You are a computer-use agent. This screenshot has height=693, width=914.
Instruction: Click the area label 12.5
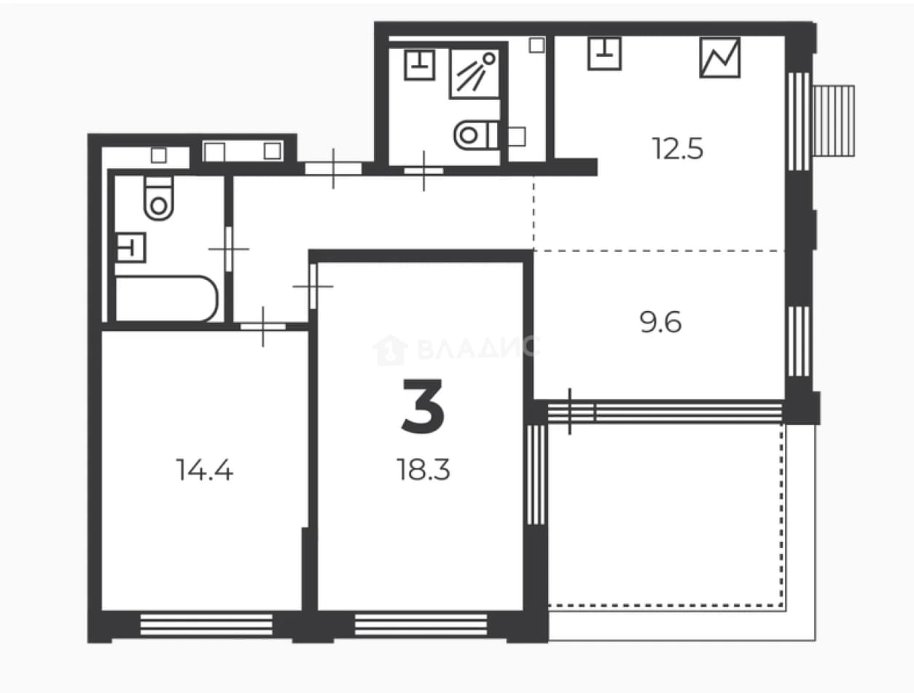click(x=678, y=149)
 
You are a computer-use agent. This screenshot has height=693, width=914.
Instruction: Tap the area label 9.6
click(x=660, y=323)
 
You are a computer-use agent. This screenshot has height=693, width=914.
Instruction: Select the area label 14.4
click(x=205, y=470)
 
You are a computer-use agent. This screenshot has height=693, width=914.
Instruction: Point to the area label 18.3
click(x=423, y=470)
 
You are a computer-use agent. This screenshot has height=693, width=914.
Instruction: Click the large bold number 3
click(x=423, y=406)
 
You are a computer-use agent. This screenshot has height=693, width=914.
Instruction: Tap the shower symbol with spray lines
click(x=474, y=74)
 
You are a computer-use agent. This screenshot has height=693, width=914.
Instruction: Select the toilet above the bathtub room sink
click(x=159, y=198)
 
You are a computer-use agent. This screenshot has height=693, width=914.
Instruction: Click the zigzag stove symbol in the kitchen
click(x=720, y=58)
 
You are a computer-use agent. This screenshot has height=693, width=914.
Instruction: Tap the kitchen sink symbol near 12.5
click(x=605, y=53)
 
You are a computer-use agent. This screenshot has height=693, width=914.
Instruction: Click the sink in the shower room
click(x=420, y=65)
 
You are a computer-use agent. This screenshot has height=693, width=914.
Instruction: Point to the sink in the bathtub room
click(x=130, y=248)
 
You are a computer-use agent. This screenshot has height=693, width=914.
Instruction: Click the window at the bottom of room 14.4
click(x=206, y=625)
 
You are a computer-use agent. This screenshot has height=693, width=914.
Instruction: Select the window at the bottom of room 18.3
click(x=421, y=625)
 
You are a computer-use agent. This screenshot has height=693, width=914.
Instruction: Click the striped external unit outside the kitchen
click(x=834, y=121)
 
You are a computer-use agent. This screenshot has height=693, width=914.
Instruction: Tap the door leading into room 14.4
click(x=263, y=326)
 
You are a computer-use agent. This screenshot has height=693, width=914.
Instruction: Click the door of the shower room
click(x=424, y=171)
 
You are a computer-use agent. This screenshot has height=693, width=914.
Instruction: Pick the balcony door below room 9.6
click(x=571, y=412)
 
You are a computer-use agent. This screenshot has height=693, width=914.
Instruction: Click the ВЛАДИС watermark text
click(x=456, y=349)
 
